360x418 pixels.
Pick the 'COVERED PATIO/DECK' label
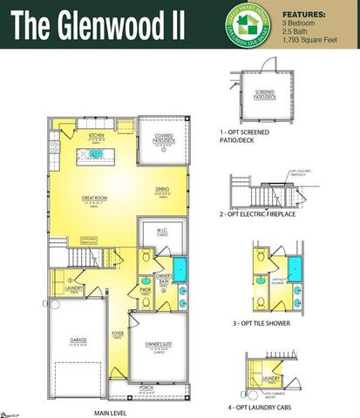click(163, 138)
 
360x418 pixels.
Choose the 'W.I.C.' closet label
click(162, 230)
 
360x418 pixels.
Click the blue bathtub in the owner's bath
click(180, 267)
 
